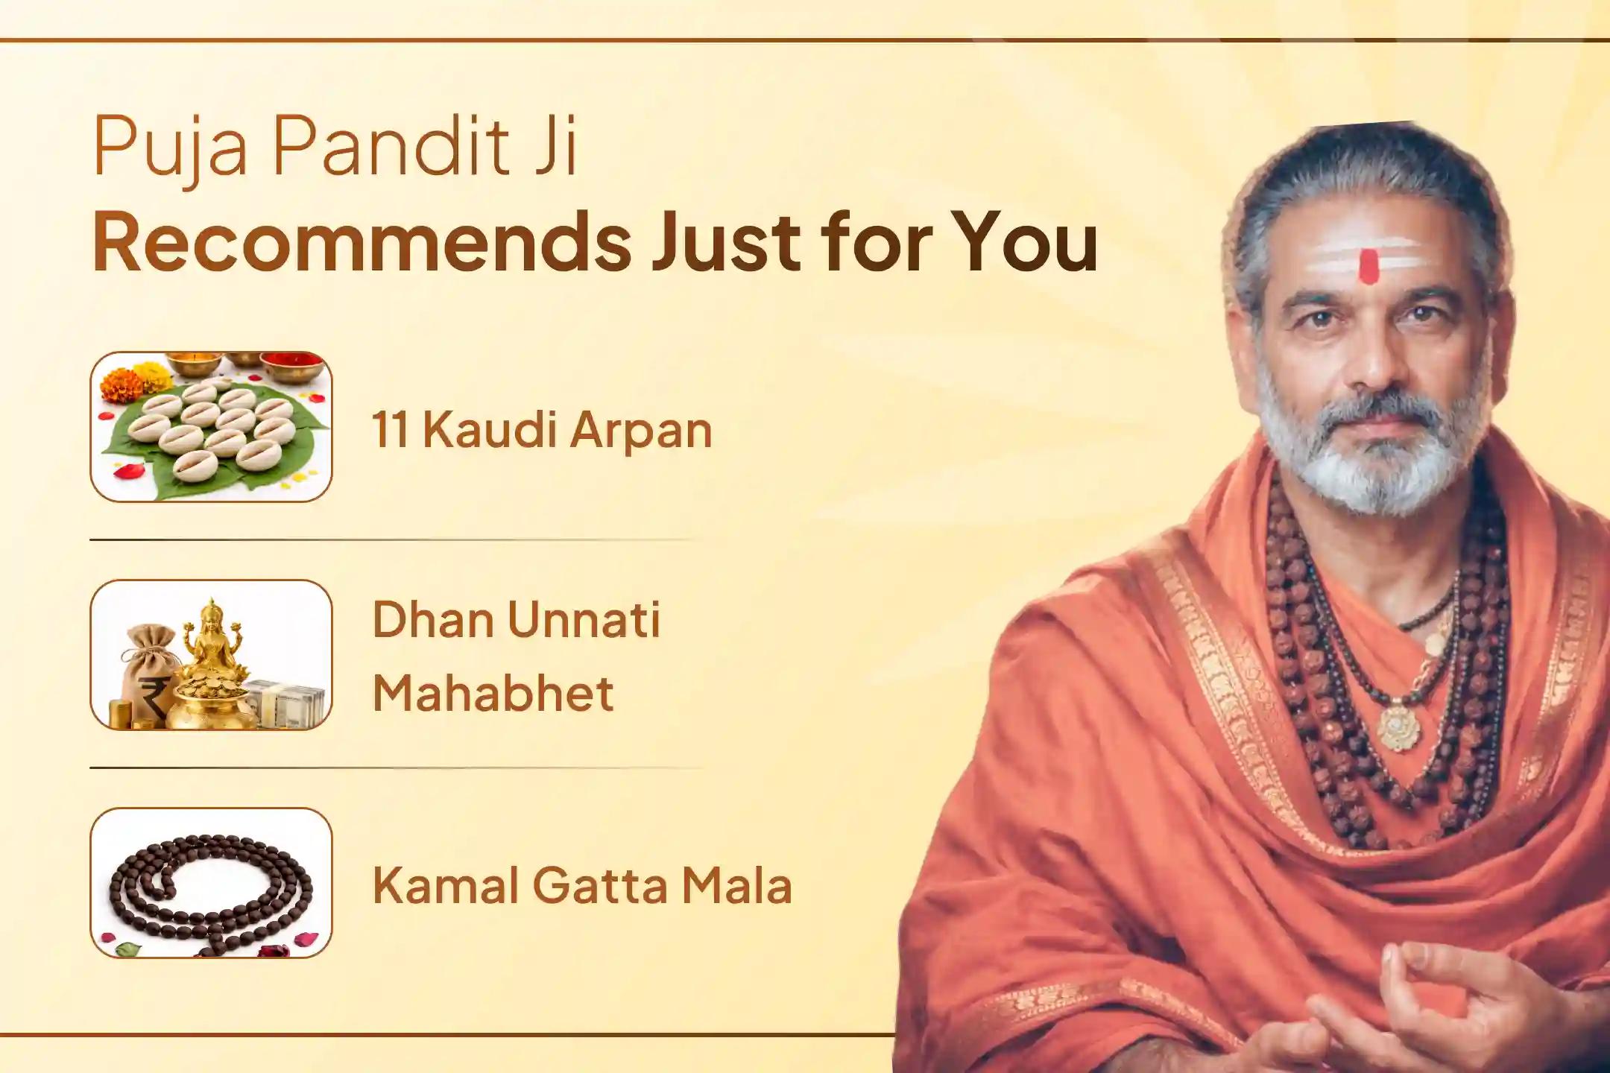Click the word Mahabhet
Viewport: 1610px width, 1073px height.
click(493, 693)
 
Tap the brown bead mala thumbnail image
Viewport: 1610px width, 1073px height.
click(211, 883)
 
